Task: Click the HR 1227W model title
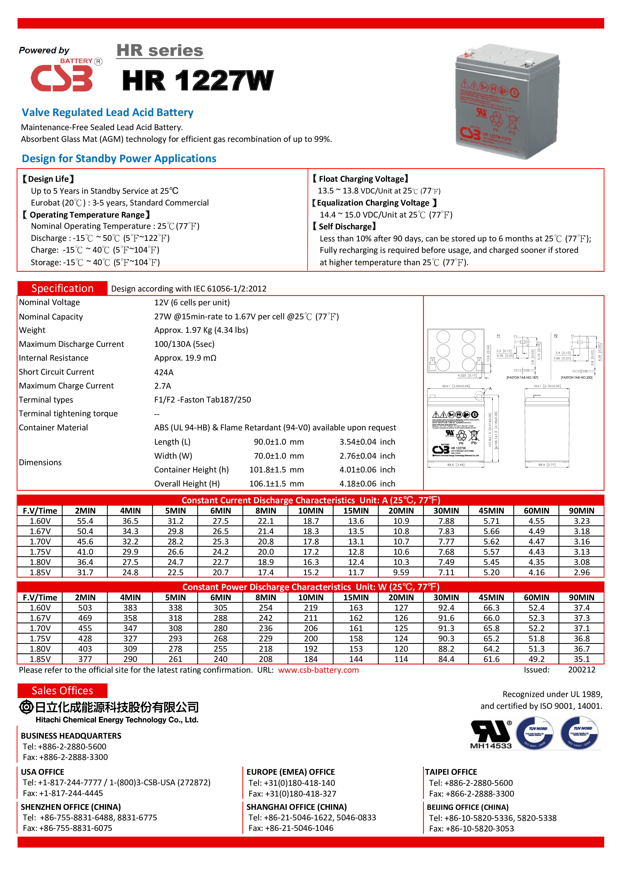click(198, 81)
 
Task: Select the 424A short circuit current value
click(164, 372)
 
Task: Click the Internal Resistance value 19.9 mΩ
click(185, 358)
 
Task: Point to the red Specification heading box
click(62, 288)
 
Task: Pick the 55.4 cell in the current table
click(85, 521)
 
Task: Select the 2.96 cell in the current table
click(581, 572)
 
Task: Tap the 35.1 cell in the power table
click(581, 659)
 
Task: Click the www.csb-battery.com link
click(318, 670)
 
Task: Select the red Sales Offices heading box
click(62, 691)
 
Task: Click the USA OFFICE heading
click(43, 772)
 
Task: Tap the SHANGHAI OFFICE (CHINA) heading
click(296, 807)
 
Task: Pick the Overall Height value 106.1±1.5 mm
click(277, 484)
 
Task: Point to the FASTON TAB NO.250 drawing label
click(576, 377)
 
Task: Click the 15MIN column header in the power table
click(356, 597)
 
